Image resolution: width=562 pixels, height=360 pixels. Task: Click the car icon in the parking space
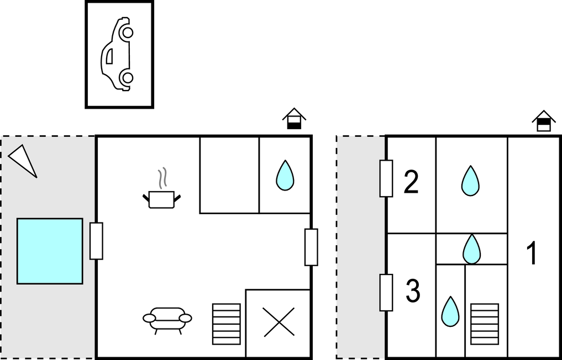coord(117,54)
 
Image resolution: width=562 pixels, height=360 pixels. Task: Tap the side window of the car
coord(109,56)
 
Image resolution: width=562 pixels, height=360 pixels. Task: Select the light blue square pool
coord(50,251)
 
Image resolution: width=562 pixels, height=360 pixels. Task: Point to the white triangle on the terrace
coord(22,160)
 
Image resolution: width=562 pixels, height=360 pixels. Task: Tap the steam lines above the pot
coord(162,178)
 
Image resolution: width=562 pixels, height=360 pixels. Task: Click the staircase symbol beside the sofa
coord(226,324)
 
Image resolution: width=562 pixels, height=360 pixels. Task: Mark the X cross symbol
coord(279,322)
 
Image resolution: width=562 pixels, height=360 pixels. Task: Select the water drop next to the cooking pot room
coord(285,175)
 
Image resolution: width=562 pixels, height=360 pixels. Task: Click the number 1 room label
coord(532,253)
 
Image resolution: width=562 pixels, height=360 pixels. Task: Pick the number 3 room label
coord(413,291)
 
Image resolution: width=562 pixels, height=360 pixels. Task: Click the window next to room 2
coord(386,178)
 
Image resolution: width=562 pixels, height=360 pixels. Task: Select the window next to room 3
coord(386,292)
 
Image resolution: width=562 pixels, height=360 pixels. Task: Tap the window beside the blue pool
coord(96,241)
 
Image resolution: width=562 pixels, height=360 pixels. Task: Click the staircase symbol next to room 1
coord(485,324)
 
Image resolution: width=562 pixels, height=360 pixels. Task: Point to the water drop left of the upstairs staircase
coord(450,311)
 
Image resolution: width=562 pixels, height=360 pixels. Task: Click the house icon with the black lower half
coord(294,119)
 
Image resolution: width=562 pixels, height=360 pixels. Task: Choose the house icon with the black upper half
coord(544,121)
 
